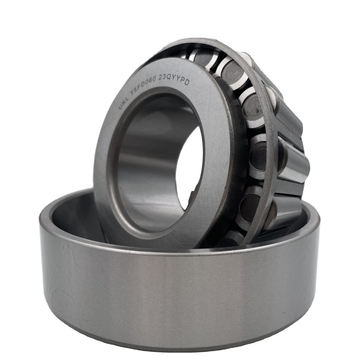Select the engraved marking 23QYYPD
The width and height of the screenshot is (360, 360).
[x=174, y=79]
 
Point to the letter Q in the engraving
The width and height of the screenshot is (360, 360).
[x=171, y=77]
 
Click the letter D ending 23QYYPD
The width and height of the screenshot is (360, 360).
[x=186, y=82]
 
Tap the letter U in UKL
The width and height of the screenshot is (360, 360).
[x=120, y=106]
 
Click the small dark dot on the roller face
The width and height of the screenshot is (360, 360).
[x=257, y=110]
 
